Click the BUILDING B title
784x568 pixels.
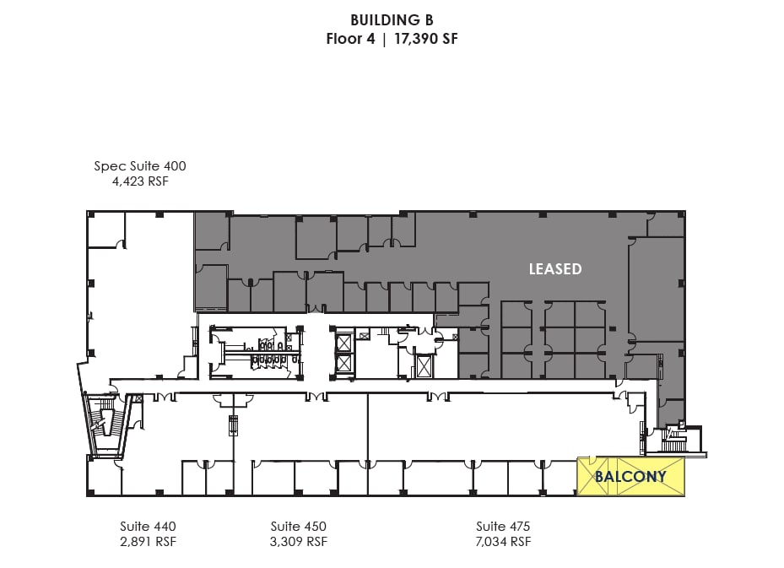tap(392, 19)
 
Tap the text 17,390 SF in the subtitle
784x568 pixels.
tap(425, 39)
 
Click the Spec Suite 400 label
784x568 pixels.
tap(140, 166)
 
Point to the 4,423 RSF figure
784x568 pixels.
tap(140, 181)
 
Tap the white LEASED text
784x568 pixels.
tap(555, 269)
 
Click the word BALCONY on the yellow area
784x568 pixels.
tap(630, 477)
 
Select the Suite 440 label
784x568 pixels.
tap(148, 526)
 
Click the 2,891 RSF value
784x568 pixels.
tap(148, 542)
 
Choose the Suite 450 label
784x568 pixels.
tap(298, 526)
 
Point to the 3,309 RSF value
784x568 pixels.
tap(298, 542)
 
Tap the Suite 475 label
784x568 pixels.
tap(503, 526)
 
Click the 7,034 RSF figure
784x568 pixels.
tap(503, 542)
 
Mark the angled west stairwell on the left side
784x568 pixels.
tap(105, 422)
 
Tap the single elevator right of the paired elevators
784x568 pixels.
tap(424, 365)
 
